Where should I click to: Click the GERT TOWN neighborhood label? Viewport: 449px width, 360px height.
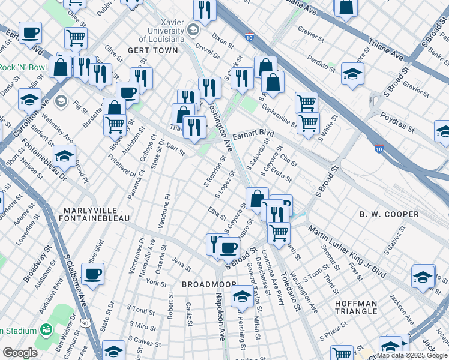[x=153, y=50]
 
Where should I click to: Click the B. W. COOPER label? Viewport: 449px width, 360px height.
[x=388, y=214]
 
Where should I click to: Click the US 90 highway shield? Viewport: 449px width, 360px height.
[x=87, y=323]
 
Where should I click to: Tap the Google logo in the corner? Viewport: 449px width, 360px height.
[x=20, y=353]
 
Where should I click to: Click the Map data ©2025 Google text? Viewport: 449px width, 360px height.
[x=412, y=355]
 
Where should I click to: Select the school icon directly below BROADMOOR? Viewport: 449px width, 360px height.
[x=242, y=295]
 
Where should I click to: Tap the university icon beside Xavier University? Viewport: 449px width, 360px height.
[x=193, y=29]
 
